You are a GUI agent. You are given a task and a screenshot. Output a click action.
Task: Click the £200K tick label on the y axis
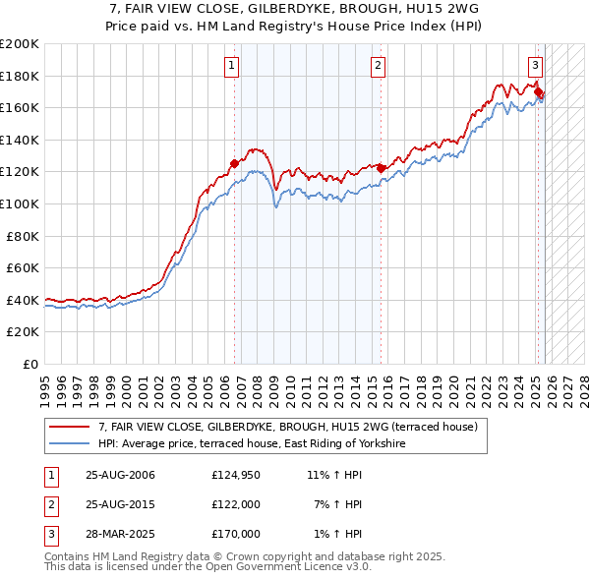coord(20,44)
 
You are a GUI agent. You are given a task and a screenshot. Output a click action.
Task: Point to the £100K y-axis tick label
coord(20,203)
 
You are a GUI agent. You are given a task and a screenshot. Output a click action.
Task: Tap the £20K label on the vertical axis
coord(23,332)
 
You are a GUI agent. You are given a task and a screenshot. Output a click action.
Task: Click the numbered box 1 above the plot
coord(231,66)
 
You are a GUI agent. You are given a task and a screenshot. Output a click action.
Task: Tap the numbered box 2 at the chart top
coord(378,66)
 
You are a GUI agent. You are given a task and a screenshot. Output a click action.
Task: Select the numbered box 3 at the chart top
coord(535,66)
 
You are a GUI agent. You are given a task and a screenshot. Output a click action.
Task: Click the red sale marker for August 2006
coord(235,164)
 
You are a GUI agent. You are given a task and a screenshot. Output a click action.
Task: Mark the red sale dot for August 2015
coord(382,168)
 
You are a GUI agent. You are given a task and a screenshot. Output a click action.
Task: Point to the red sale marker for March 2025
coord(539,92)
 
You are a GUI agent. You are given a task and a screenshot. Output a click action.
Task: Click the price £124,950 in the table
coord(235,476)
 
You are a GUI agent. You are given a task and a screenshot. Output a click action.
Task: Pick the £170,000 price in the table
coord(235,533)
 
